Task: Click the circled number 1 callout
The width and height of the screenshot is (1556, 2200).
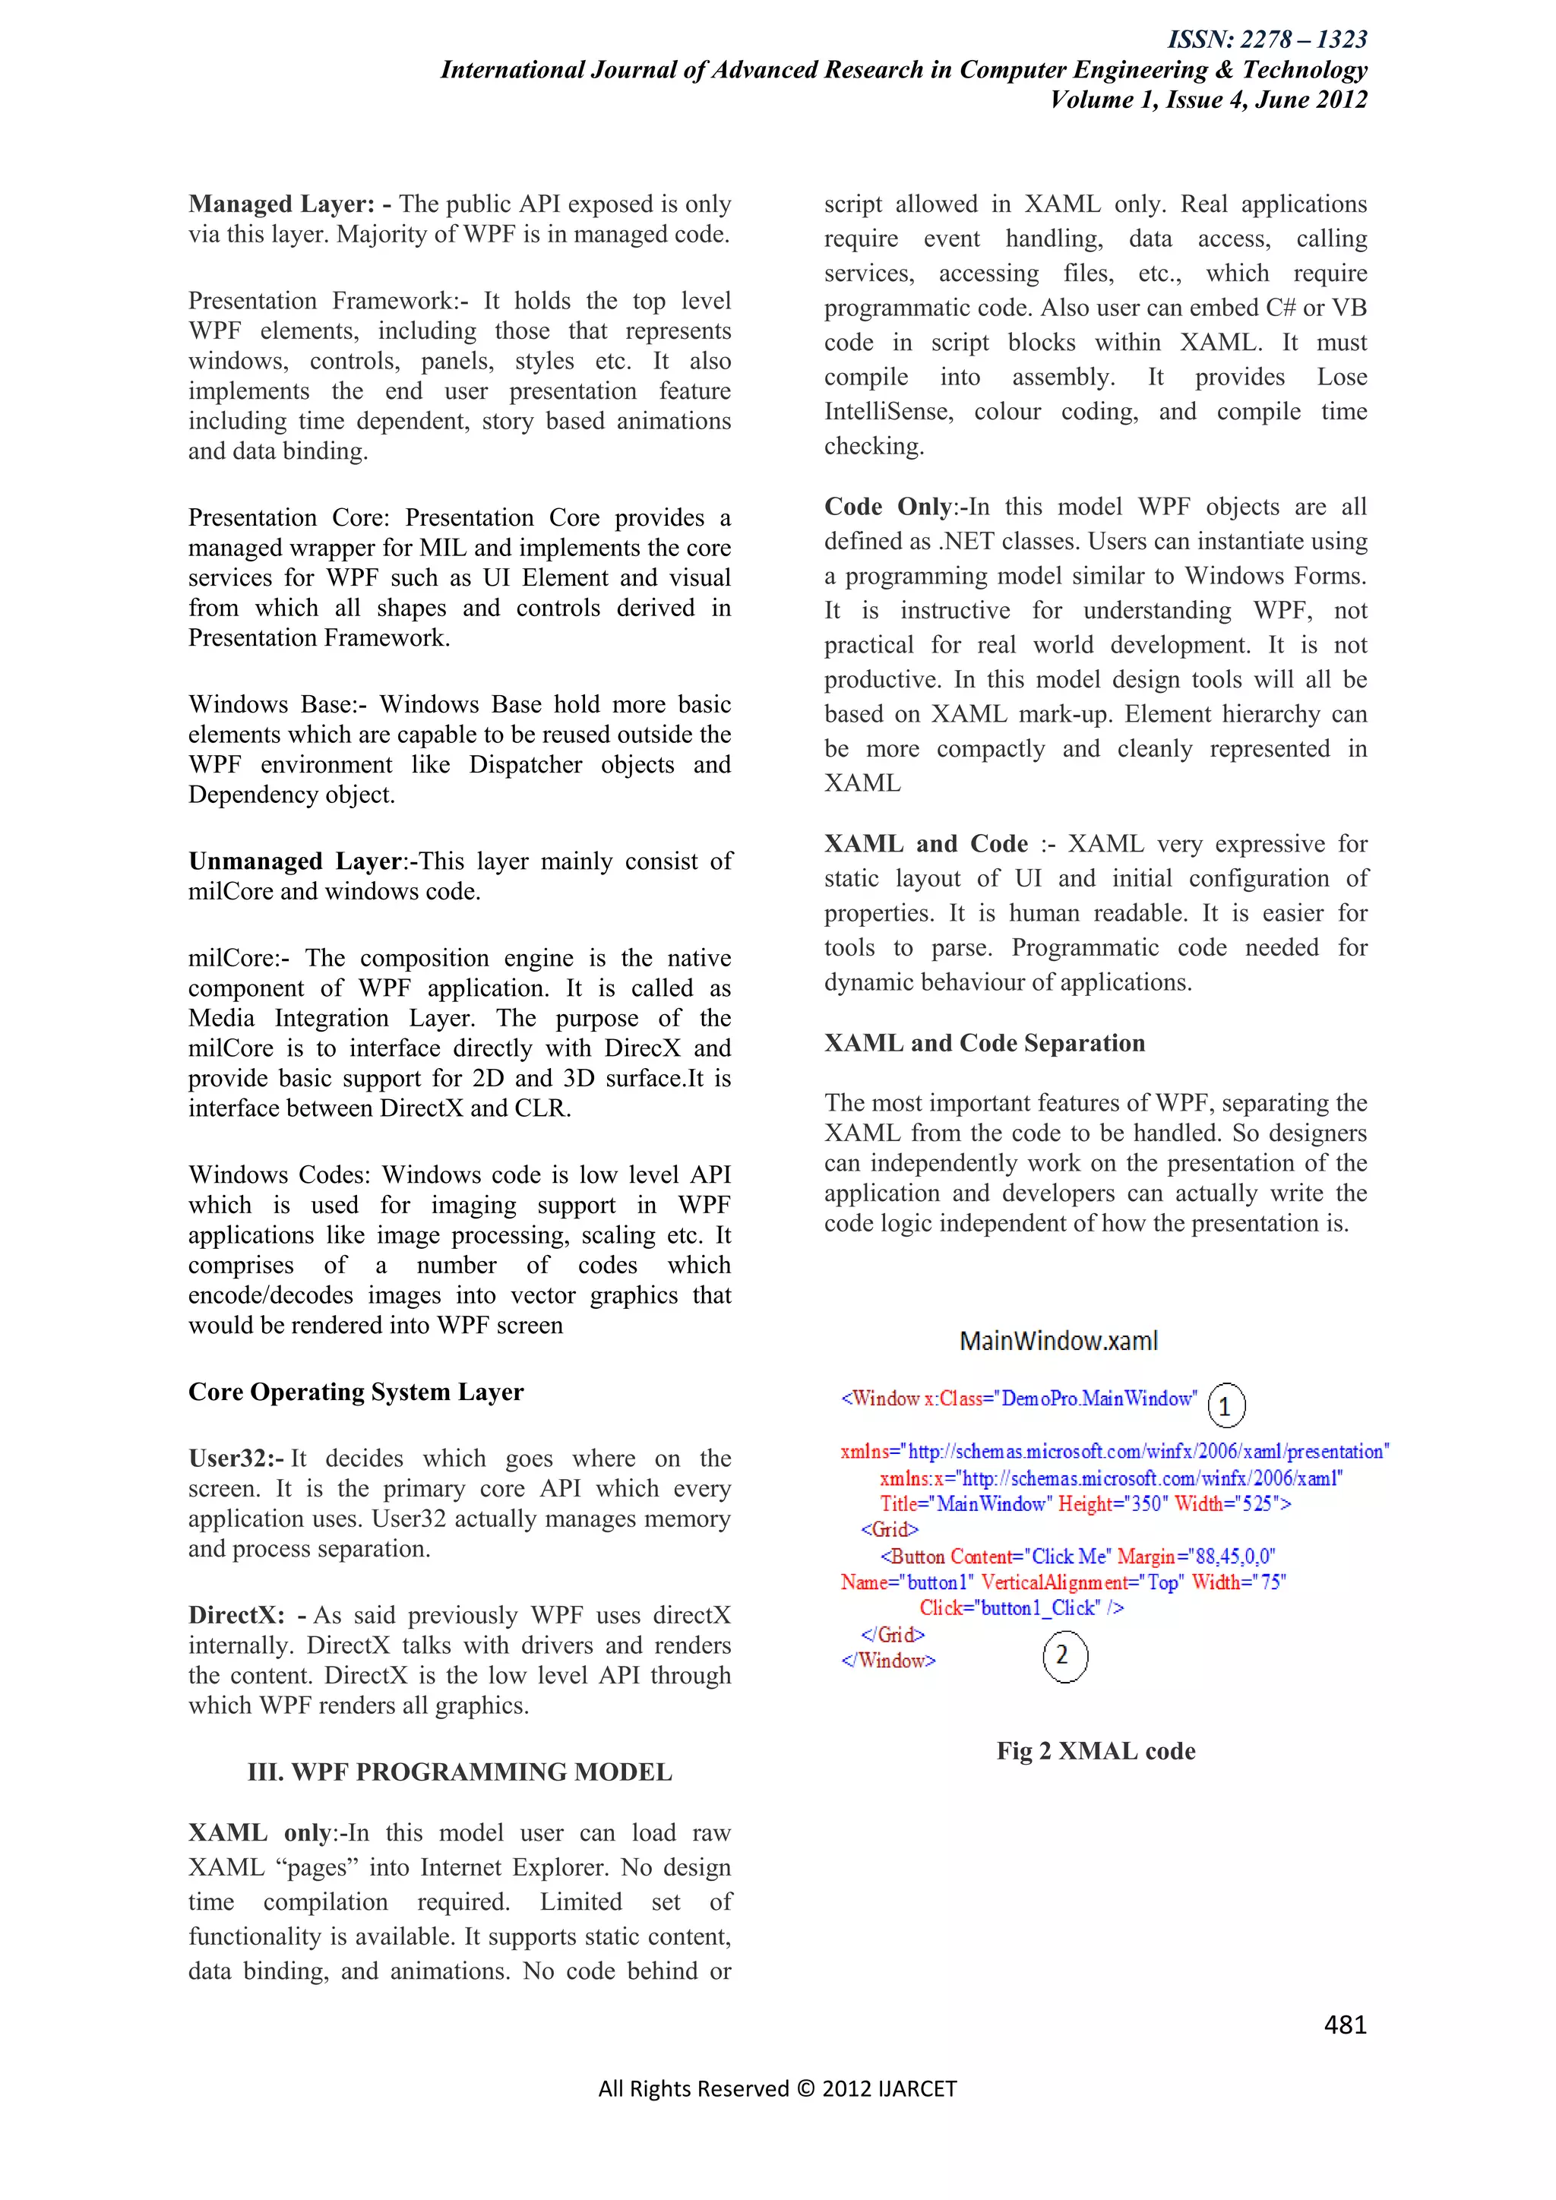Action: [x=1226, y=1405]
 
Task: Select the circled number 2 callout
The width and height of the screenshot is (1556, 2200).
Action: [x=1064, y=1656]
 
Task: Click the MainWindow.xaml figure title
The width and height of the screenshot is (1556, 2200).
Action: [x=1058, y=1341]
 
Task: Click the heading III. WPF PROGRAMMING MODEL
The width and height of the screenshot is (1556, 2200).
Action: [x=459, y=1772]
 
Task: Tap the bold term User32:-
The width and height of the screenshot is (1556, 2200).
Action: [x=236, y=1459]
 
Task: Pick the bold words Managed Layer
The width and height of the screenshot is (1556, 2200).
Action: [x=280, y=204]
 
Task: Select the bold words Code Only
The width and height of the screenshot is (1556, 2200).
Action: [x=888, y=507]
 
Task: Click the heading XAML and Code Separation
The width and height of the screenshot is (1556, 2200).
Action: [x=984, y=1042]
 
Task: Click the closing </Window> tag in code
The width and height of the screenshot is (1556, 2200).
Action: [x=888, y=1661]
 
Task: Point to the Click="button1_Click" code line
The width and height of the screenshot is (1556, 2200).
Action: [x=1020, y=1608]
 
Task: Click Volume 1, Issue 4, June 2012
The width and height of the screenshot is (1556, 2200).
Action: [x=1208, y=100]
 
